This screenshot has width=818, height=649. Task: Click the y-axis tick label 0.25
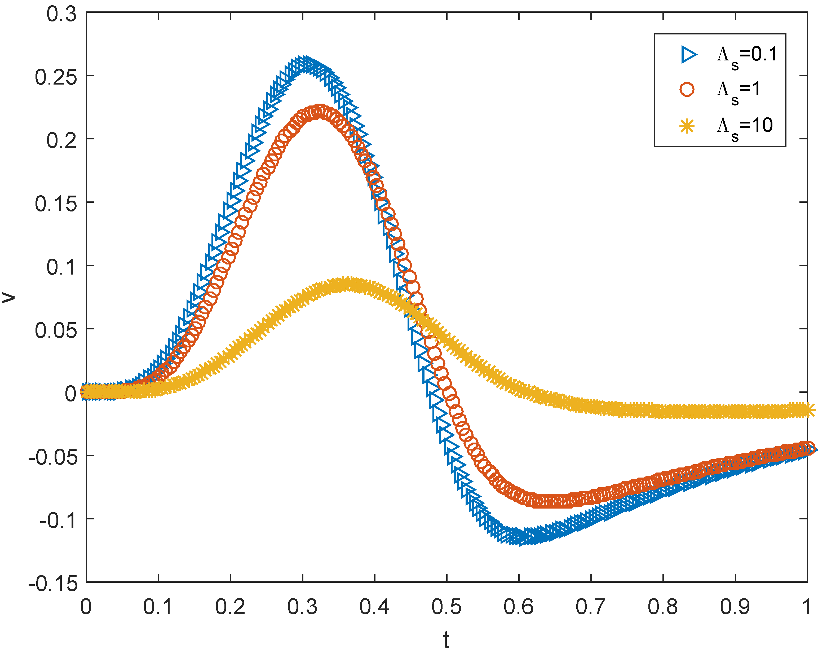pyautogui.click(x=56, y=77)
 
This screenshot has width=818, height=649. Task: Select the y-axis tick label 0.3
pyautogui.click(x=61, y=14)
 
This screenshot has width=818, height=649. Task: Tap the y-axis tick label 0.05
pyautogui.click(x=56, y=330)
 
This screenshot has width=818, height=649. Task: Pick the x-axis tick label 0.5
pyautogui.click(x=446, y=607)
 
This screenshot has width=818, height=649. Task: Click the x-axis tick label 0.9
pyautogui.click(x=735, y=607)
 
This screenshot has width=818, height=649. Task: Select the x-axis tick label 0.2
pyautogui.click(x=230, y=607)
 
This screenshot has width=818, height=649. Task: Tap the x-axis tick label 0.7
pyautogui.click(x=591, y=607)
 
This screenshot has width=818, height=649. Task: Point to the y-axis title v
pyautogui.click(x=8, y=297)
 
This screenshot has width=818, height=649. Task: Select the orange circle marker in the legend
pyautogui.click(x=687, y=90)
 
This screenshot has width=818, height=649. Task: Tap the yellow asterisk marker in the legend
pyautogui.click(x=687, y=126)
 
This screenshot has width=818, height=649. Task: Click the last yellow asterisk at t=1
pyautogui.click(x=807, y=410)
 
